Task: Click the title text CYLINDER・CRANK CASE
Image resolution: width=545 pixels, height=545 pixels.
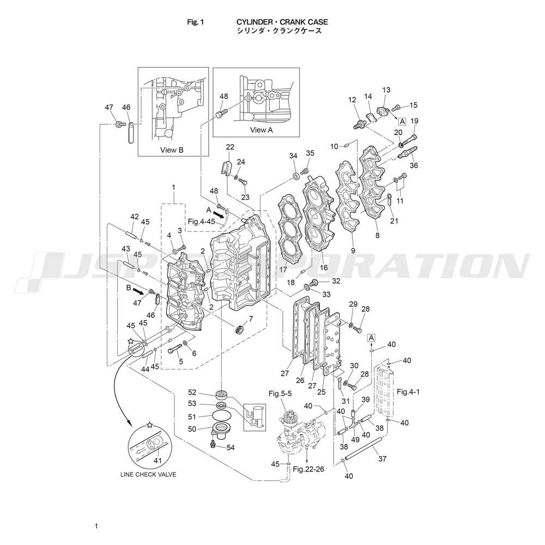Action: tap(282, 22)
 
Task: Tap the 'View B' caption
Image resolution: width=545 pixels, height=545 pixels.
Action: tap(172, 150)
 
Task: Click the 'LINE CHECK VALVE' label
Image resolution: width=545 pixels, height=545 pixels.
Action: tap(148, 474)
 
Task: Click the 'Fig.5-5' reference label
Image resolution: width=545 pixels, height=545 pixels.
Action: tap(280, 392)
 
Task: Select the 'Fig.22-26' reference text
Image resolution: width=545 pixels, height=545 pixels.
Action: tap(308, 469)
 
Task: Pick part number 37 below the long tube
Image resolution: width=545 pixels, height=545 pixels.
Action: tap(382, 459)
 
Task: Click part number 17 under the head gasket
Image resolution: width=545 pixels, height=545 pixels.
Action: tap(283, 269)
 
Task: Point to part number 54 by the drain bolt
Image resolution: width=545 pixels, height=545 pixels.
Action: tap(231, 447)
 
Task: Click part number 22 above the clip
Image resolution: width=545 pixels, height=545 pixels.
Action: tap(230, 147)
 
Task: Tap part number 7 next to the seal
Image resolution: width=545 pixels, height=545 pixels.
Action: tap(251, 319)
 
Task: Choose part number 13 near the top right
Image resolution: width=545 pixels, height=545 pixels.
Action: tap(386, 90)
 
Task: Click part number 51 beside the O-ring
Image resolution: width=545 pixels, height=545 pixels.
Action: tap(207, 417)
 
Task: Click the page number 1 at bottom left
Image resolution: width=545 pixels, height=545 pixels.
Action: tap(96, 526)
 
